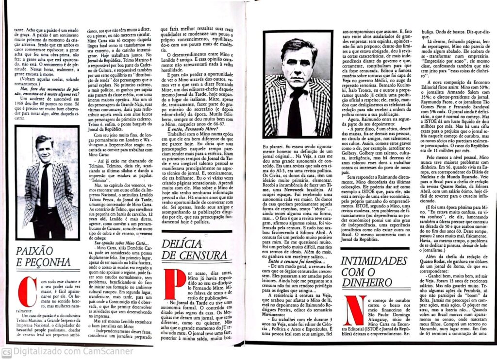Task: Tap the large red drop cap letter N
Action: [x=354, y=310]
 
